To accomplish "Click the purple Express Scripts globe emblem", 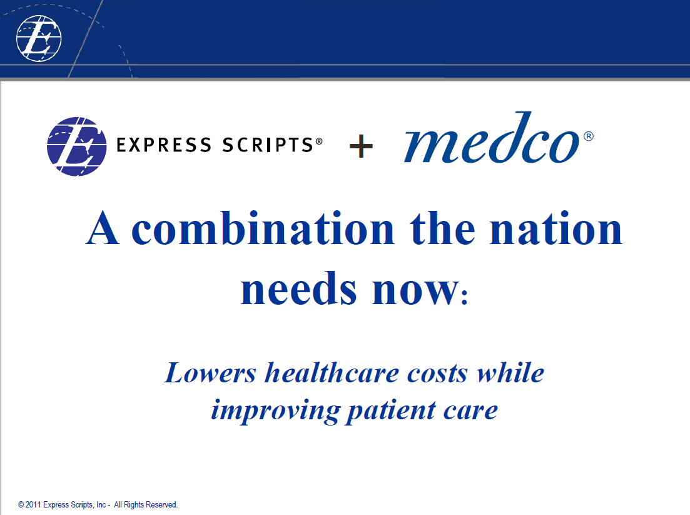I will click(77, 146).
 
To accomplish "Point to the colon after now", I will click(464, 297).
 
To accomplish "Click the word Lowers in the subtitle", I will click(210, 373).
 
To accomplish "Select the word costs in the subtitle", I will click(437, 374).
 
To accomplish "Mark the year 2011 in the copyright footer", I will click(34, 504).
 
